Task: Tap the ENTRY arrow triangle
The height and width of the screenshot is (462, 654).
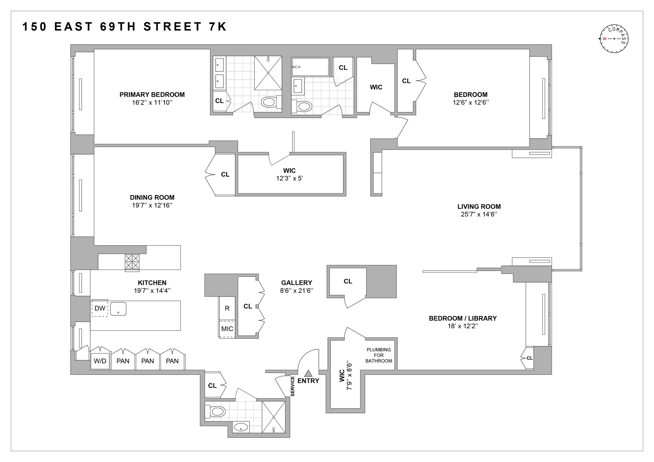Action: point(308,373)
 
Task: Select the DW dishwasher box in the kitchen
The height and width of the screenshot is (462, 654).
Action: point(100,308)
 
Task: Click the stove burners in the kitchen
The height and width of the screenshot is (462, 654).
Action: point(132,262)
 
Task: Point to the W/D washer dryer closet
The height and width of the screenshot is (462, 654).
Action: point(100,361)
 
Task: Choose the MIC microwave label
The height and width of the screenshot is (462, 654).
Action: point(227,329)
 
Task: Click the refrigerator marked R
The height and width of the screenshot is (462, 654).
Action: point(227,308)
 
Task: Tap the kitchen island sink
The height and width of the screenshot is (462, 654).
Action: point(118,309)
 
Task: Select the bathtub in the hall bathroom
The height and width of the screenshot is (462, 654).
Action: point(310,67)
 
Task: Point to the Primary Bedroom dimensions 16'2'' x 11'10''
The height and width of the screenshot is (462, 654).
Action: point(152,102)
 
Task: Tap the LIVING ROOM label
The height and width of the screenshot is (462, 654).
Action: point(479,207)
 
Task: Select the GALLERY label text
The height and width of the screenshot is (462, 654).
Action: point(296,283)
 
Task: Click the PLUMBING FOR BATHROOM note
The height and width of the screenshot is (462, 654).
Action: point(379,355)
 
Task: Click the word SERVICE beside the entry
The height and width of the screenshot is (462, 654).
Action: point(292,386)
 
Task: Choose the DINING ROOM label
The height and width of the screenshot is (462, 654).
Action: point(152,197)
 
